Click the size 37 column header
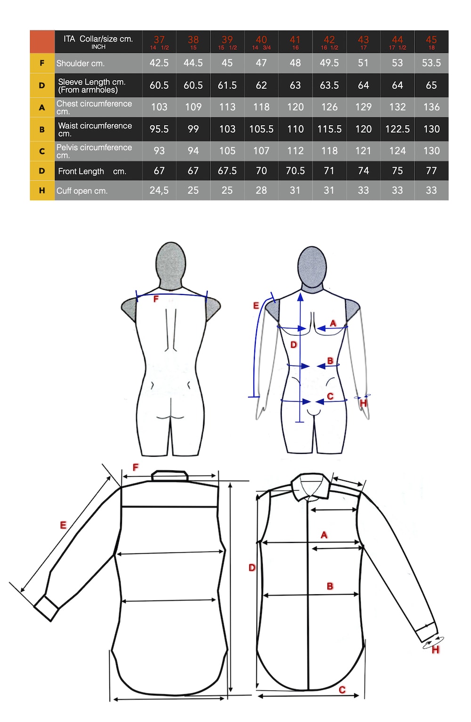159,41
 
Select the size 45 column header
431,41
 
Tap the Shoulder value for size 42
329,63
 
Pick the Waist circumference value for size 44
397,129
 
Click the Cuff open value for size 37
159,190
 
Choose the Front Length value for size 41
295,171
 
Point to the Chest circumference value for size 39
227,107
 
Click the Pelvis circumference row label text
94,151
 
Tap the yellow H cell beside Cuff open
42,190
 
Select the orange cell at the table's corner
42,41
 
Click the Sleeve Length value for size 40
261,85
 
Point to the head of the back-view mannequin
171,265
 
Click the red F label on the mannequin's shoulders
156,299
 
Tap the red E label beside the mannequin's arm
256,305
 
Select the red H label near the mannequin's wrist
363,403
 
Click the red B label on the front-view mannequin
330,361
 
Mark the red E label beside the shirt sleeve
63,525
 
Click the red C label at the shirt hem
342,690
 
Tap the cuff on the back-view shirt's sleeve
47,607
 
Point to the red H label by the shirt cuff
436,650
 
